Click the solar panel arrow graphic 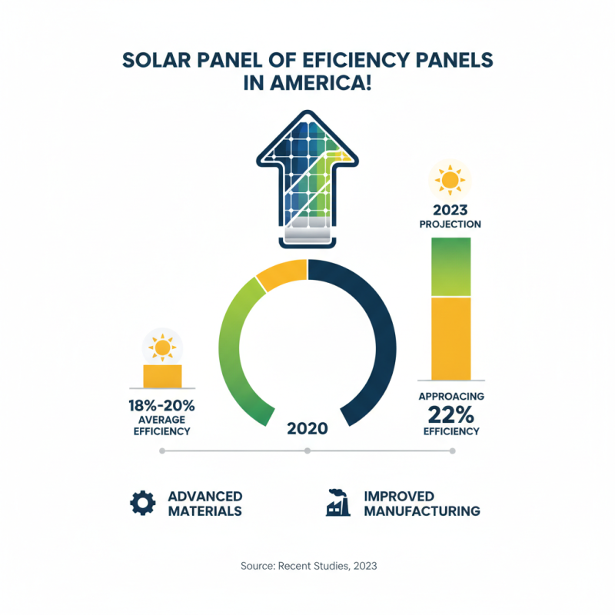(x=307, y=177)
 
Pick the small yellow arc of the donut (x=281, y=276)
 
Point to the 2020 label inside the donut (x=307, y=429)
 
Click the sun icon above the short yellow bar (x=162, y=347)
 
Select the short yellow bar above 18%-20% (x=162, y=377)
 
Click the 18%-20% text (x=162, y=405)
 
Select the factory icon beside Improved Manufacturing (x=338, y=503)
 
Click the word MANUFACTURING (x=422, y=510)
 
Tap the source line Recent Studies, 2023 (x=307, y=566)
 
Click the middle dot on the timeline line (x=307, y=451)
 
